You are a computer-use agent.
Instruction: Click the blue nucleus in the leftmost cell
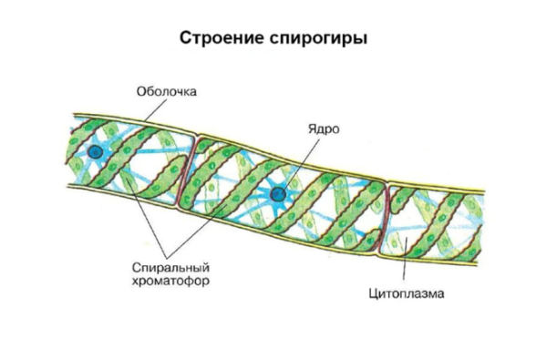(x=95, y=152)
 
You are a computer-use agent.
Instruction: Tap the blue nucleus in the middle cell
(x=276, y=192)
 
